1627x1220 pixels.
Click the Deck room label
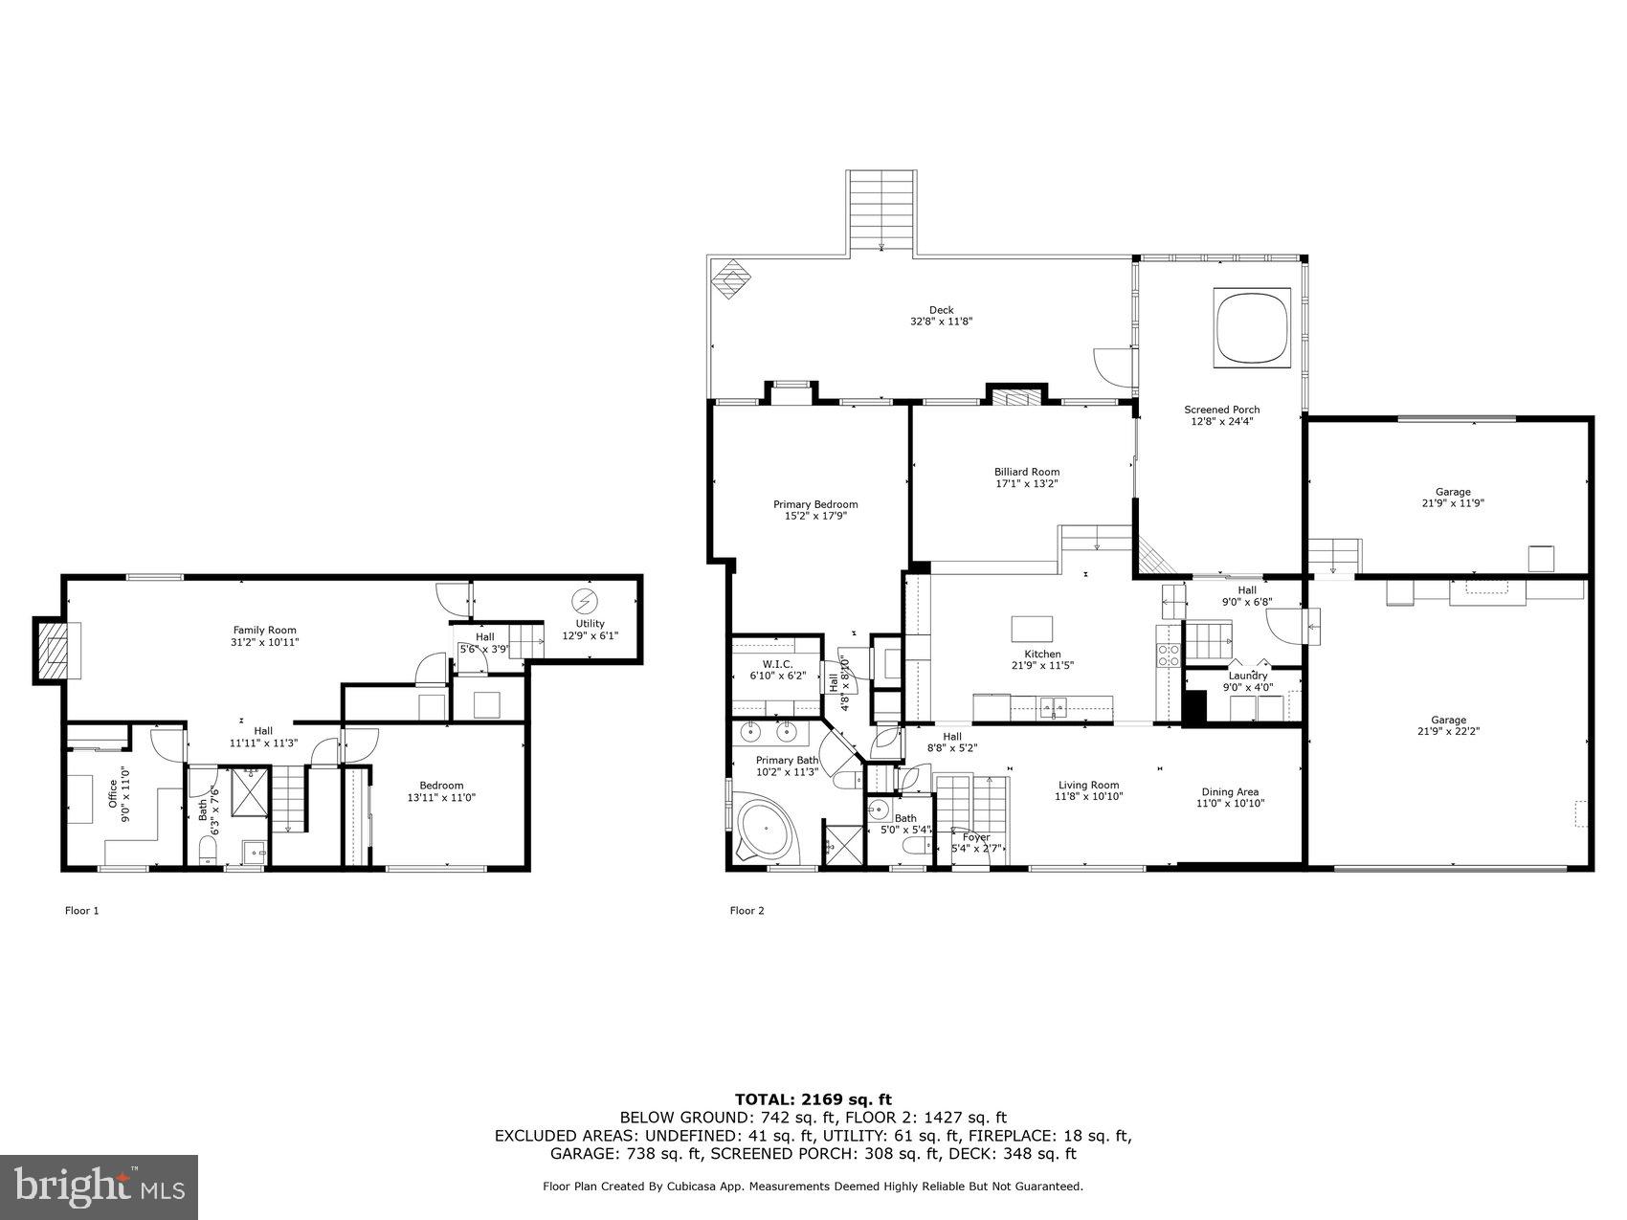(x=941, y=310)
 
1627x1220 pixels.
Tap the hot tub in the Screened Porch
(x=1252, y=326)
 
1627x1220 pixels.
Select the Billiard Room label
(x=1026, y=472)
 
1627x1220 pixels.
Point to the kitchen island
(x=1032, y=629)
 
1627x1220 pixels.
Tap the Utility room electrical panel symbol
(x=583, y=601)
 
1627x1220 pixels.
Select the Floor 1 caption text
(x=81, y=911)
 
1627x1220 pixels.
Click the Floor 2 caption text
(x=747, y=911)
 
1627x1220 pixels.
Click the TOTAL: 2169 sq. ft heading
(x=813, y=1099)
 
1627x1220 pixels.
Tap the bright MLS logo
(x=100, y=1187)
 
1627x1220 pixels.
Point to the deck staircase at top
(x=880, y=211)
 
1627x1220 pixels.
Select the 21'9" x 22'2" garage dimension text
(x=1449, y=731)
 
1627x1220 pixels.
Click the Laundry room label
(x=1247, y=676)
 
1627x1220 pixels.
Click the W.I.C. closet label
(x=776, y=663)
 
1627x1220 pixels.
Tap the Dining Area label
(x=1230, y=791)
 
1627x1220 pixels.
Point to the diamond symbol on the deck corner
(x=731, y=279)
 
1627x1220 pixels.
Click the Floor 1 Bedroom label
(x=441, y=786)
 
